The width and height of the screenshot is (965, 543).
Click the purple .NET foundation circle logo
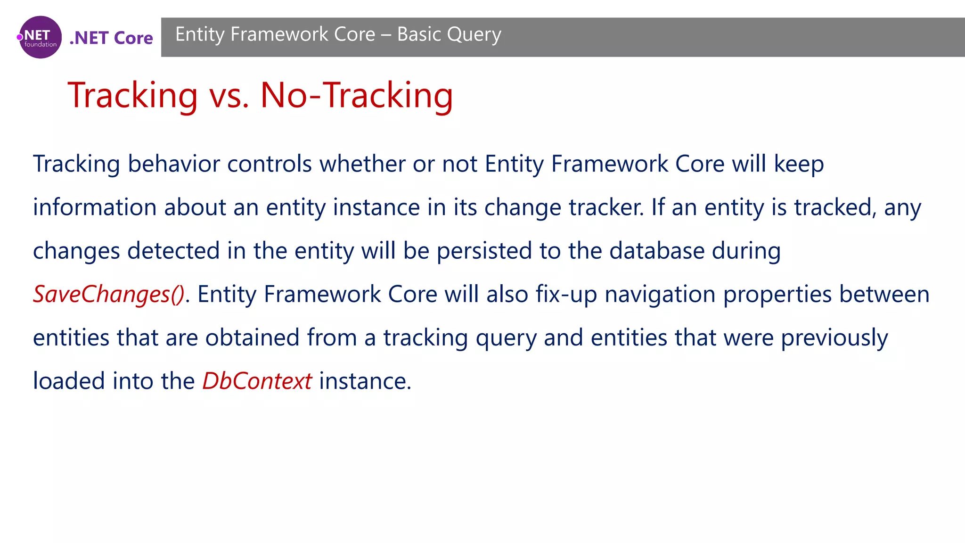[x=40, y=37]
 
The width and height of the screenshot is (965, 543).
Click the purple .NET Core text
[x=111, y=38]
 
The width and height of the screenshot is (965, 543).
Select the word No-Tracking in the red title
[x=356, y=95]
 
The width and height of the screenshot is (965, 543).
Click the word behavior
[x=172, y=164]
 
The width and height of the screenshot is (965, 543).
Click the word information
[x=95, y=207]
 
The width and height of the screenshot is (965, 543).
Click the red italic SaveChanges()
[x=109, y=295]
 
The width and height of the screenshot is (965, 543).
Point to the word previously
[x=834, y=338]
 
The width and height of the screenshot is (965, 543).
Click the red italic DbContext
[x=257, y=381]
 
